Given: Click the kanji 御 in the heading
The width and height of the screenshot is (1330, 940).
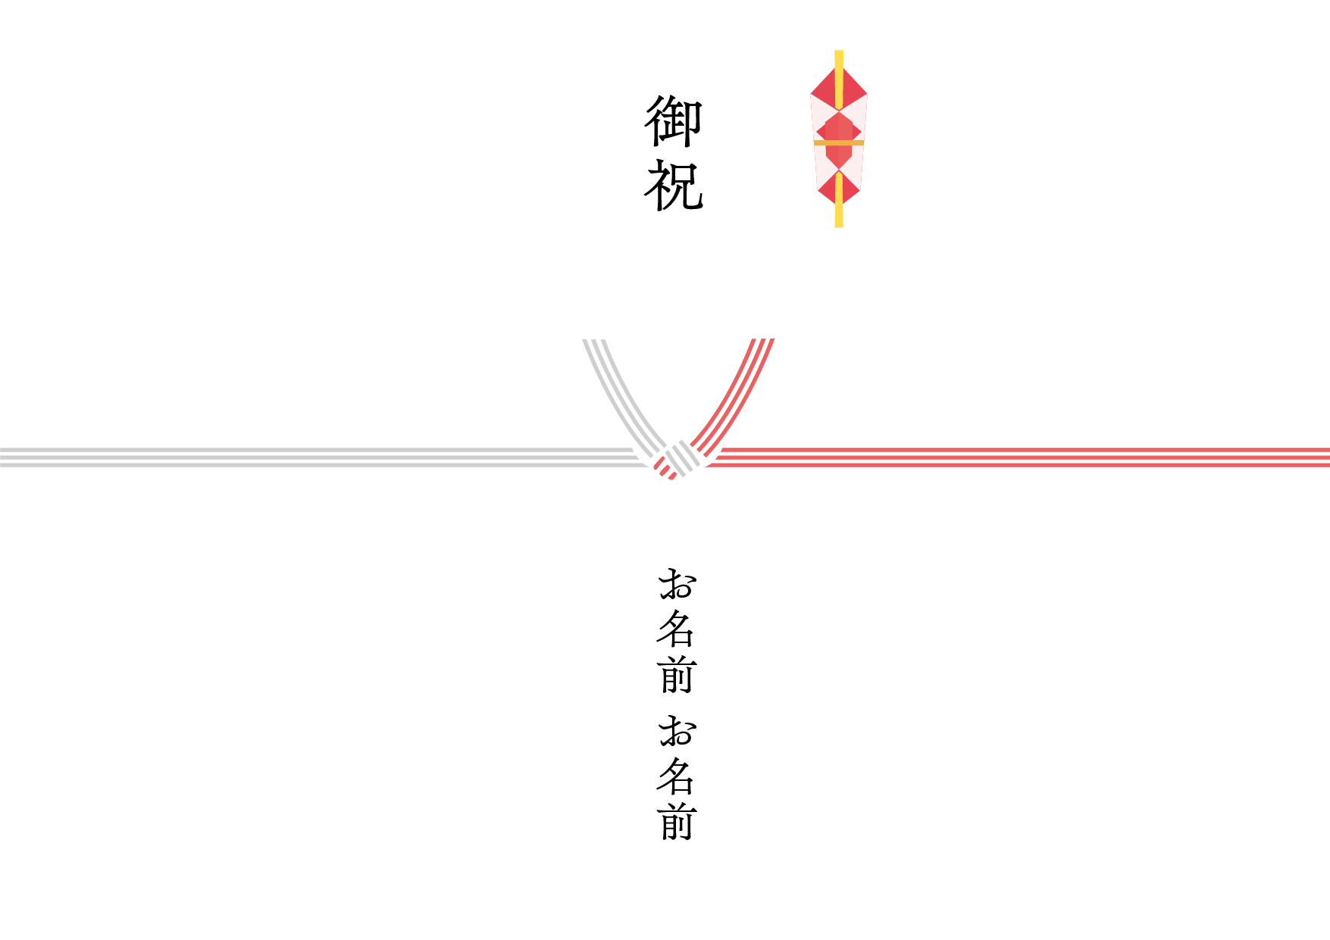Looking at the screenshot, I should click(674, 121).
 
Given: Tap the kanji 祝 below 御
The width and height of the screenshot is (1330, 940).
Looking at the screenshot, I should click(674, 185).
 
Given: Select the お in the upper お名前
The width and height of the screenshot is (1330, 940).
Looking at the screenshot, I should click(677, 584).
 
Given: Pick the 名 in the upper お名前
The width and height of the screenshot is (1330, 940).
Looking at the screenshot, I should click(676, 629).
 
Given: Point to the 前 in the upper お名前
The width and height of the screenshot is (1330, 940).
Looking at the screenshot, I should click(676, 675).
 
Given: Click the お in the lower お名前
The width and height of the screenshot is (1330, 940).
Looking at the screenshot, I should click(677, 731).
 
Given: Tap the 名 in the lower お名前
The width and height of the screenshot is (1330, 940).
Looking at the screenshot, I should click(676, 776).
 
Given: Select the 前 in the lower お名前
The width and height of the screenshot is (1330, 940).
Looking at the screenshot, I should click(676, 823).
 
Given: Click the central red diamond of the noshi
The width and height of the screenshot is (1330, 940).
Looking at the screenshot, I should click(838, 133).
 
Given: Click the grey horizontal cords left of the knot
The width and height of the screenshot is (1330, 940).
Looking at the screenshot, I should click(303, 458).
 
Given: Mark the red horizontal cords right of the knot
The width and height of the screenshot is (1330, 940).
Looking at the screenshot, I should click(1023, 458).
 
